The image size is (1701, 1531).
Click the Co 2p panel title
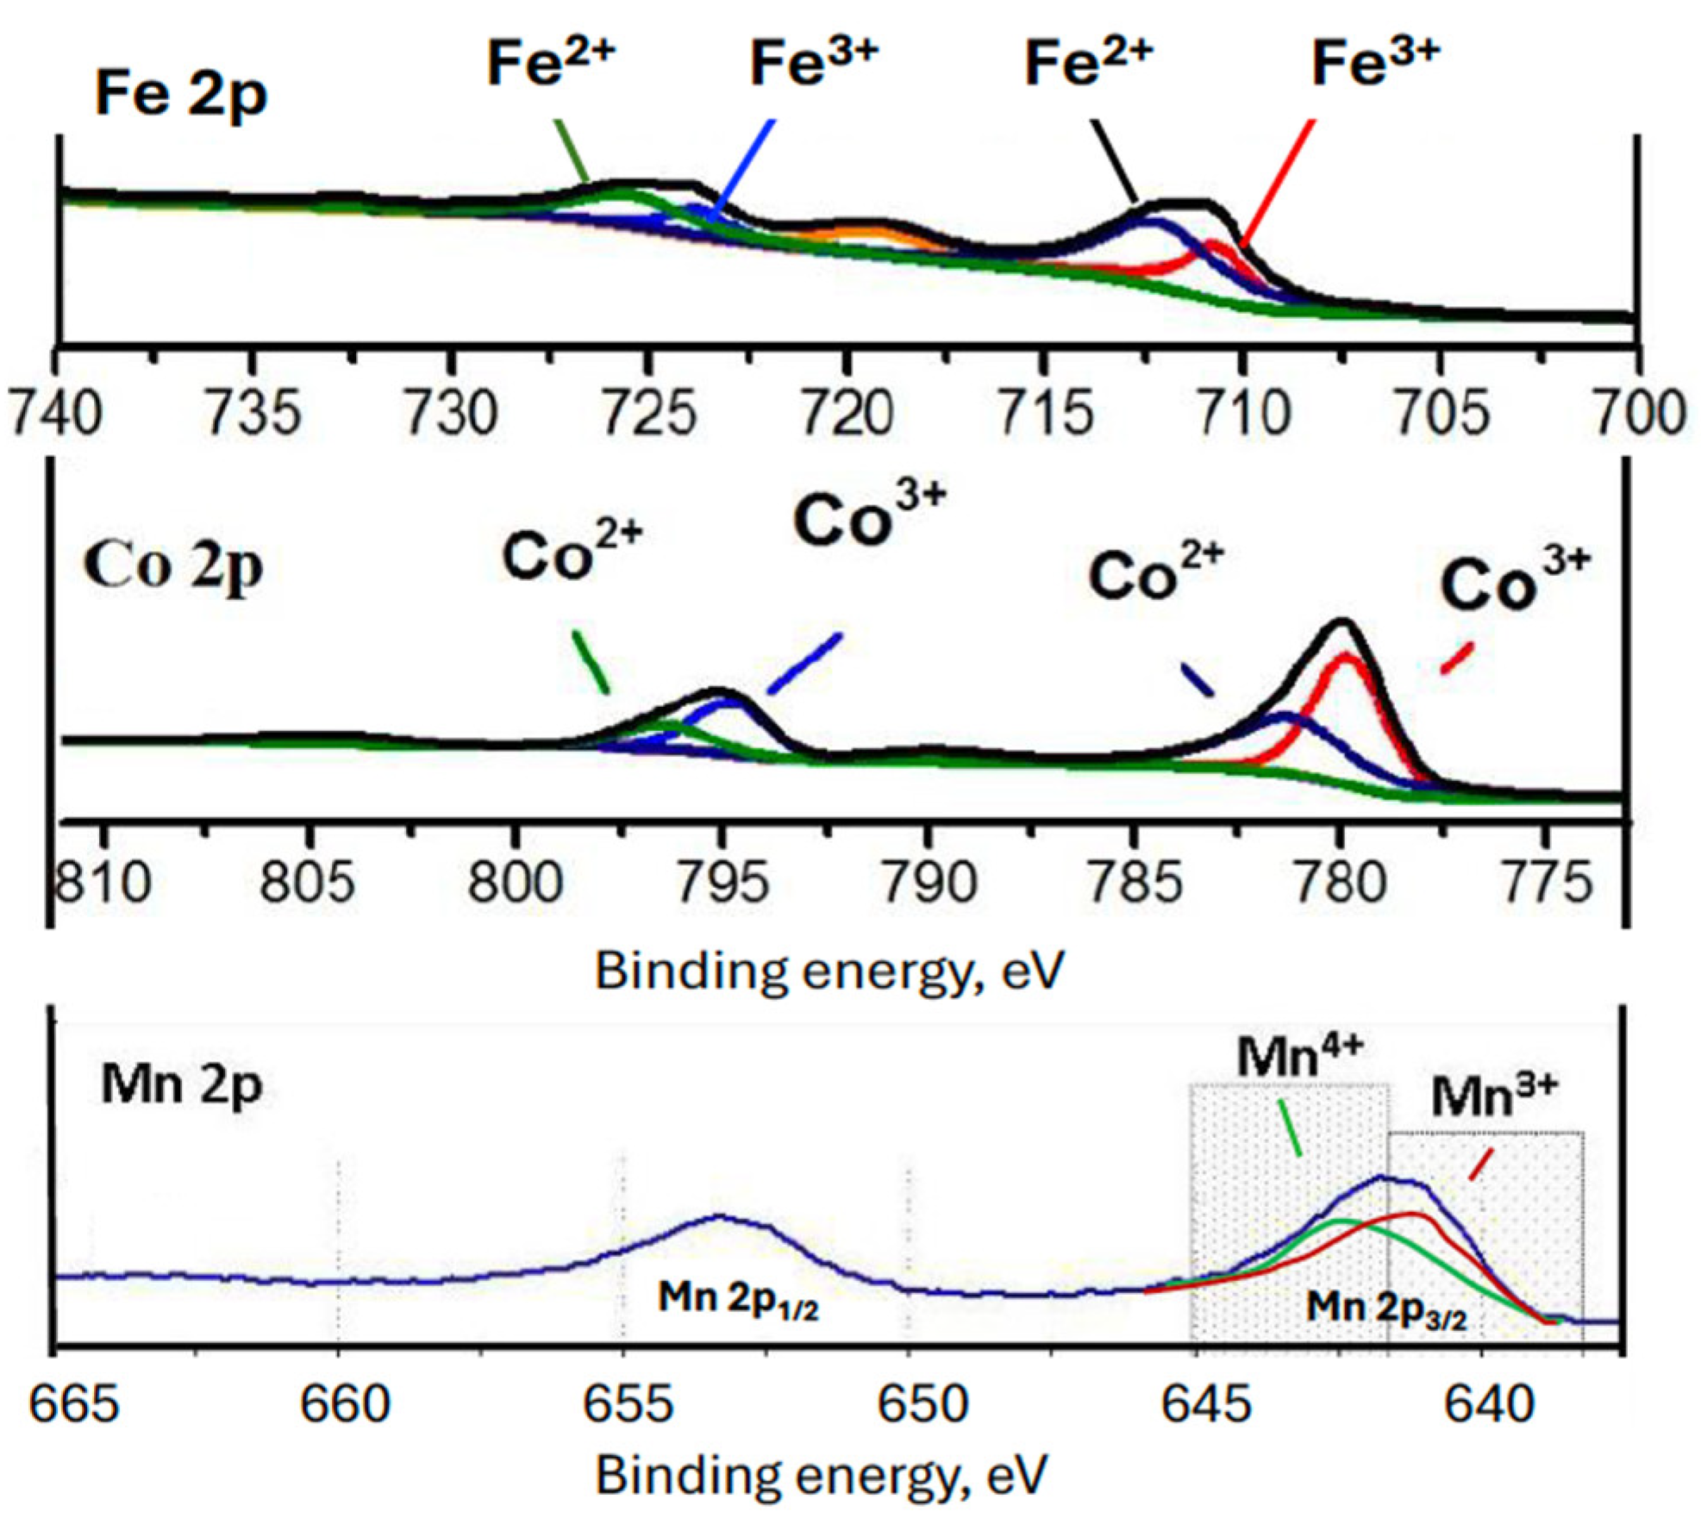pos(172,567)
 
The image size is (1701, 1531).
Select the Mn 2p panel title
pos(181,1084)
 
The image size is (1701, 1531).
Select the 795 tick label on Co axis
pos(722,882)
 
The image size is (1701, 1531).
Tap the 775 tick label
pos(1545,882)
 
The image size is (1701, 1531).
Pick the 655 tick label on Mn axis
pos(627,1403)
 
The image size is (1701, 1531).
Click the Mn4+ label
pos(1298,1056)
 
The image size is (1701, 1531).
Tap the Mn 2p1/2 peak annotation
pos(737,1297)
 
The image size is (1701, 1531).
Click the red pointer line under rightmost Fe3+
pos(1279,181)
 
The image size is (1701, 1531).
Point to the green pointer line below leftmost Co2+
pos(591,662)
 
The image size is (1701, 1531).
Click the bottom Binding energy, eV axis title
pos(820,1474)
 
